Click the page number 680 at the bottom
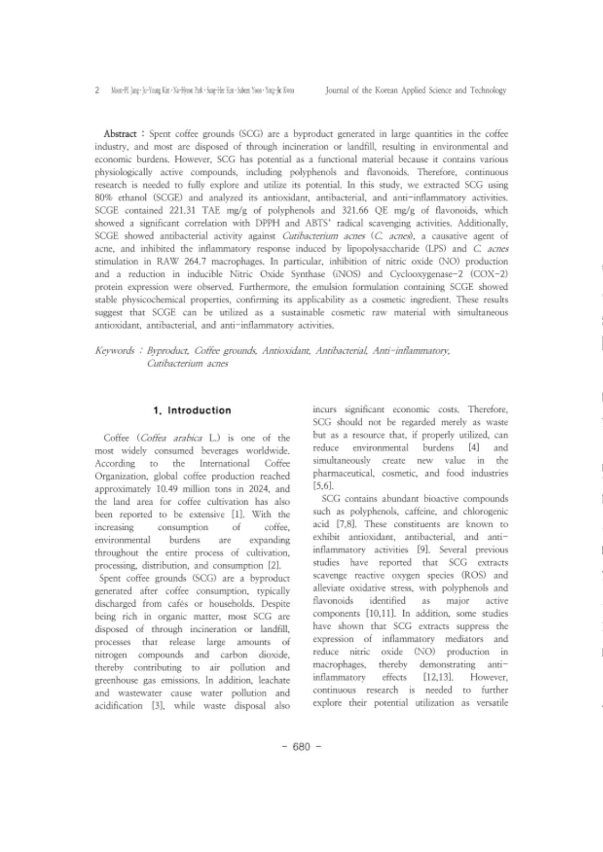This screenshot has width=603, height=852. pyautogui.click(x=301, y=746)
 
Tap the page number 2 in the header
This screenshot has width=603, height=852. pyautogui.click(x=98, y=91)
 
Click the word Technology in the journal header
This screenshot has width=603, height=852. pyautogui.click(x=487, y=91)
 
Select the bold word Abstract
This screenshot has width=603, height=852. pyautogui.click(x=121, y=134)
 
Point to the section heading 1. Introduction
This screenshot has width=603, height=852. pyautogui.click(x=192, y=410)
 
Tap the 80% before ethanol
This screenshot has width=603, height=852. pyautogui.click(x=104, y=198)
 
